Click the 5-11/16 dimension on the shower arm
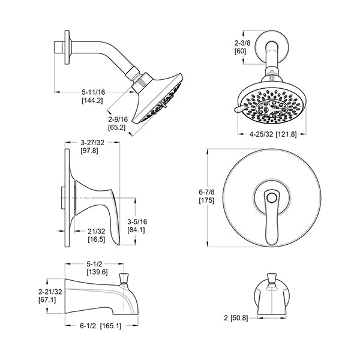(x=93, y=92)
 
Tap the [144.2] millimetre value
(x=92, y=100)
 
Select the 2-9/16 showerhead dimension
(x=118, y=119)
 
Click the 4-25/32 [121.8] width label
(x=273, y=134)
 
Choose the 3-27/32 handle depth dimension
(x=92, y=143)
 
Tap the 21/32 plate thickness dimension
(x=96, y=231)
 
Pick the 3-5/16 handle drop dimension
(x=137, y=222)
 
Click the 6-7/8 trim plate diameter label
(x=206, y=192)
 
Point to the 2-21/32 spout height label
(x=50, y=292)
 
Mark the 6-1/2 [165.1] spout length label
(x=100, y=326)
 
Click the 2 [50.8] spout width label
(x=236, y=318)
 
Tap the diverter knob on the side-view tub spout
(x=124, y=278)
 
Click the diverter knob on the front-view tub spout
(x=272, y=278)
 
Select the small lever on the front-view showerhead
(x=240, y=109)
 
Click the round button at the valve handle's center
(x=272, y=197)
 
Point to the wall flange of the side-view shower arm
(x=67, y=47)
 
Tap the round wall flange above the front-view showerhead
(x=272, y=47)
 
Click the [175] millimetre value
(x=206, y=200)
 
